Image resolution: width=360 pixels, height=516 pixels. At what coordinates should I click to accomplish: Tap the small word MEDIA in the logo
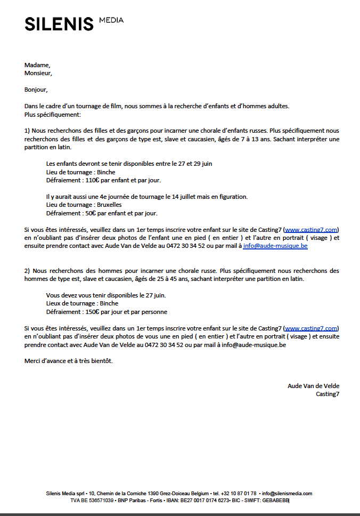pos(111,20)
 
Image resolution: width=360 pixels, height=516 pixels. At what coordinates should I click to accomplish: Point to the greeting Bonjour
pos(36,90)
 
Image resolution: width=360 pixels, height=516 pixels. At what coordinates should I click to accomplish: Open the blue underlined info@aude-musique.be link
pos(275,246)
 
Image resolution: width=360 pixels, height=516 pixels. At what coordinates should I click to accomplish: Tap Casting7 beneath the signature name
pos(327,394)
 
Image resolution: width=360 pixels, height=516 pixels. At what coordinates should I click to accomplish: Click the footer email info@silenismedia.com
pos(287,494)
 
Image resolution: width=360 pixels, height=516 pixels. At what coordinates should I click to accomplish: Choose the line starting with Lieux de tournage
pos(83,303)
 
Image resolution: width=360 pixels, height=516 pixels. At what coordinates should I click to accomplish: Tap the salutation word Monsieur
pos(38,73)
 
